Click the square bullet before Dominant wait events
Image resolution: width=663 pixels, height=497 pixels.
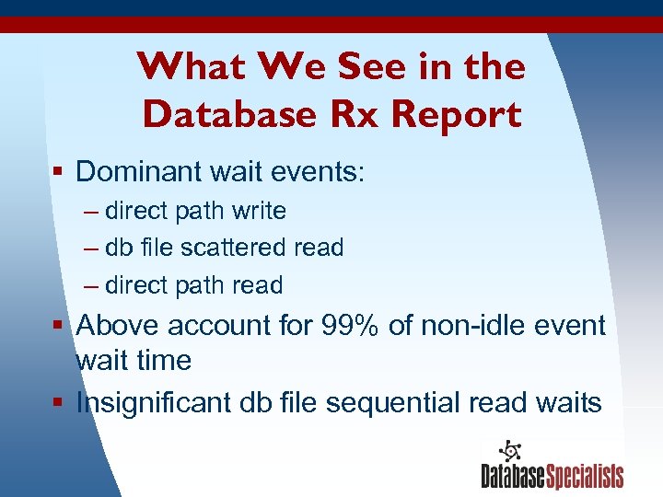pyautogui.click(x=59, y=172)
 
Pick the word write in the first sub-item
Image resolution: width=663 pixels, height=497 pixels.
pyautogui.click(x=259, y=211)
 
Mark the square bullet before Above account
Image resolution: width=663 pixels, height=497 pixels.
pyautogui.click(x=59, y=326)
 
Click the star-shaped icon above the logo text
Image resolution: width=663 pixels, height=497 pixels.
pyautogui.click(x=508, y=451)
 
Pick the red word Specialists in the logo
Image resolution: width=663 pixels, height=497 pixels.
pyautogui.click(x=585, y=476)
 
